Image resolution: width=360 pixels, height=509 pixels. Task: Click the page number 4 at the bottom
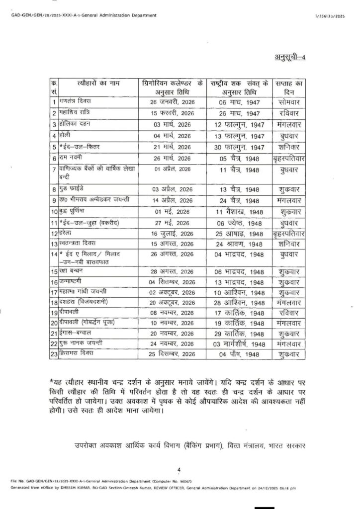(x=180, y=469)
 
